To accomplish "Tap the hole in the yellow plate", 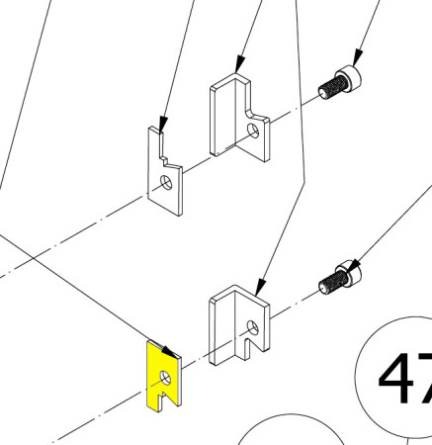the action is tap(165, 378).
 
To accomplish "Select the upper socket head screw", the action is tap(340, 82).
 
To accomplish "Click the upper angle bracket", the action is tap(239, 118).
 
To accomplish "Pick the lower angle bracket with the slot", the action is tap(239, 325).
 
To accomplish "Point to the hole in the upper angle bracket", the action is tap(253, 131).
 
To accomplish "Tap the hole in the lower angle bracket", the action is tap(253, 327).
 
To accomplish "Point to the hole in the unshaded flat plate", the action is tap(166, 183).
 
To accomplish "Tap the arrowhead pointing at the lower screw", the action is tap(354, 264).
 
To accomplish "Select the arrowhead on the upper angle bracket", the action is tap(240, 64).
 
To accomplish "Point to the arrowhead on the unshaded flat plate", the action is tap(163, 125).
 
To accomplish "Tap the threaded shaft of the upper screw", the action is tap(332, 87).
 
